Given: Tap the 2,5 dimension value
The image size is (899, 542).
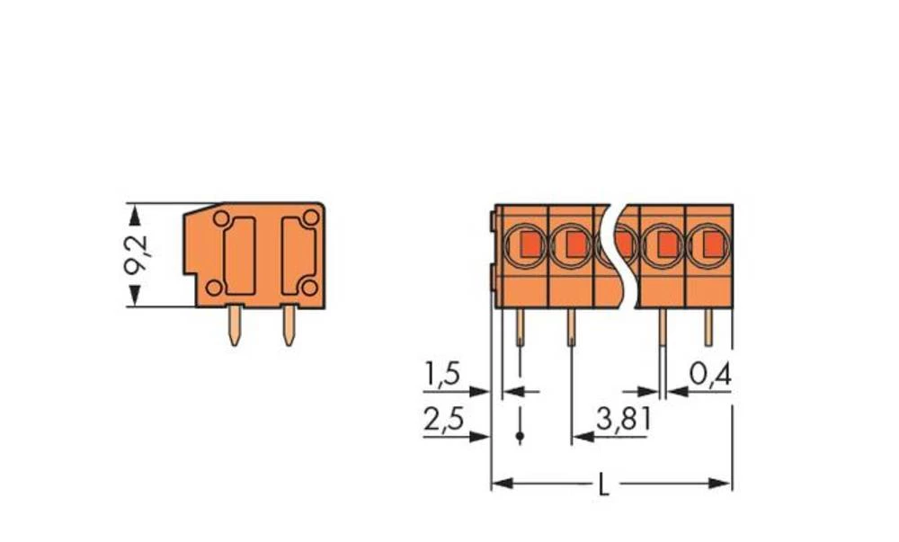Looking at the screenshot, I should click(442, 421).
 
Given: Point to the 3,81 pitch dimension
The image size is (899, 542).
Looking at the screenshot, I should click(623, 419).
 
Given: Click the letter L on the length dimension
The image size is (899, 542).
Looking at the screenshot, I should click(603, 485).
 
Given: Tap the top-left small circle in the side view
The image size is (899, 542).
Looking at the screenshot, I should click(220, 218).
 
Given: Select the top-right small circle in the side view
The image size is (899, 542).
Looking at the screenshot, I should click(310, 218).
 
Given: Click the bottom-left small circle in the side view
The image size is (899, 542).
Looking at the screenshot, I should click(213, 288).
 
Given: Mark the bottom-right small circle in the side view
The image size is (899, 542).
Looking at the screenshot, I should click(308, 288).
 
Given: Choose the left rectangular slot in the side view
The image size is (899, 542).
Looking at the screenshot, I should click(239, 255).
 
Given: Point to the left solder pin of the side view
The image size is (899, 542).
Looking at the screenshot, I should click(234, 325).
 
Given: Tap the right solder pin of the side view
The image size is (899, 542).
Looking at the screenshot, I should click(289, 325).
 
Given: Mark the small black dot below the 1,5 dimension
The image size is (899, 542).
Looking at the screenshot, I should click(520, 437).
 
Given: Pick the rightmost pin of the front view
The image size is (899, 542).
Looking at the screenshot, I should click(708, 327).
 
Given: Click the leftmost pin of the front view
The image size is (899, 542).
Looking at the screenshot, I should click(520, 327).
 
